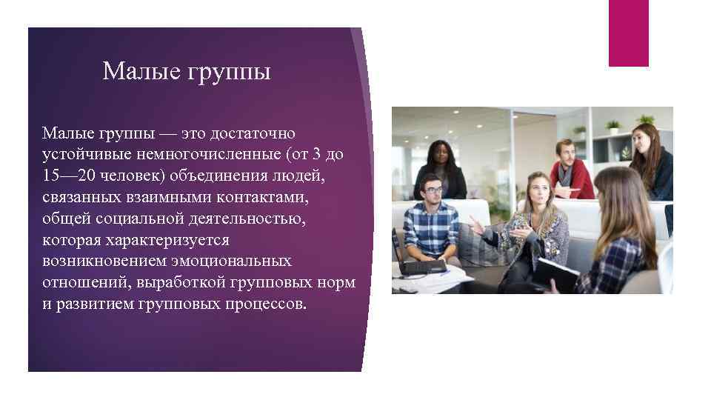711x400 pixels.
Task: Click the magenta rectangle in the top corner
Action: point(628,33)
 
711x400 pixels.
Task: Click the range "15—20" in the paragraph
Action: point(67,179)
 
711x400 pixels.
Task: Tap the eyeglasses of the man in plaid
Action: point(434,190)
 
